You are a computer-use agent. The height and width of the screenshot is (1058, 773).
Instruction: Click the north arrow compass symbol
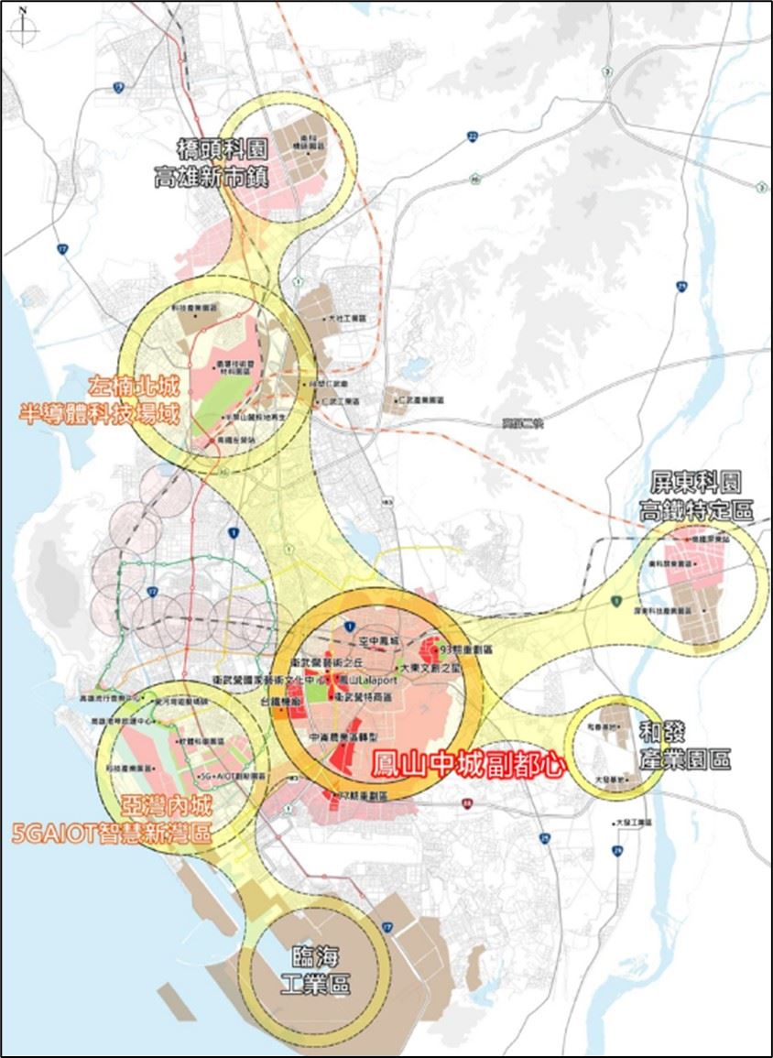23,25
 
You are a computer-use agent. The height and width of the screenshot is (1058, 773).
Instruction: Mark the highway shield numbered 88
467,804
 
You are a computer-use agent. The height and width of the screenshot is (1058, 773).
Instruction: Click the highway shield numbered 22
472,136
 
